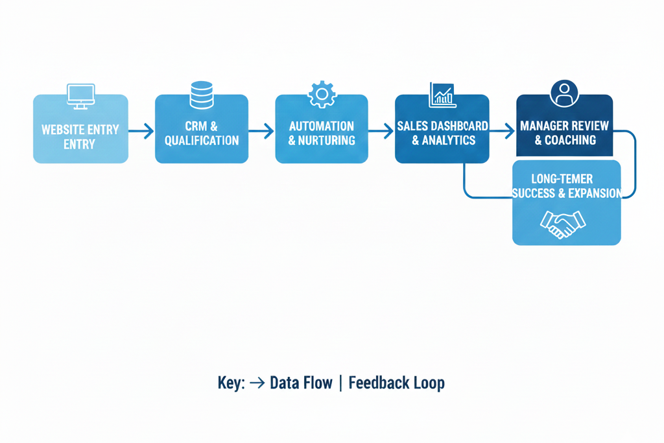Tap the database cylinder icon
[x=201, y=95]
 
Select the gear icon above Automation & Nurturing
[x=322, y=94]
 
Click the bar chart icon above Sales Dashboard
[x=442, y=95]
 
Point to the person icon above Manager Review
[x=563, y=93]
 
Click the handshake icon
[x=563, y=223]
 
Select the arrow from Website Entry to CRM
[x=141, y=131]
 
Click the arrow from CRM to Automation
[x=261, y=131]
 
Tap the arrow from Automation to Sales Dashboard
[x=381, y=131]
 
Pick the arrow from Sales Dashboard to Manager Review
[x=502, y=131]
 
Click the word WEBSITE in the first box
[x=62, y=130]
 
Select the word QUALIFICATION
[x=202, y=141]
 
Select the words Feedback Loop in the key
[x=396, y=383]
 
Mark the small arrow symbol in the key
[x=257, y=383]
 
